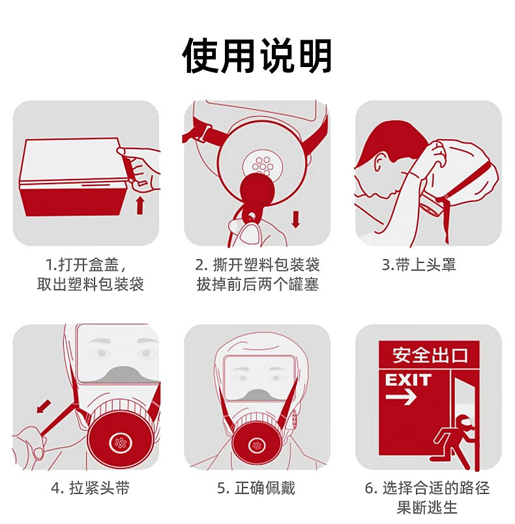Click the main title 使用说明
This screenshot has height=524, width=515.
(x=257, y=55)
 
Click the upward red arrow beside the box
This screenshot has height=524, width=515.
(x=140, y=206)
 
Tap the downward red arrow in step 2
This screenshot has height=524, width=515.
(x=295, y=219)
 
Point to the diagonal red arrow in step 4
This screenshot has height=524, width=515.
(x=44, y=406)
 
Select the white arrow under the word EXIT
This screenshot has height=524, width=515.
(x=401, y=397)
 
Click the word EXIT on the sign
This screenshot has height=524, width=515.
(x=408, y=380)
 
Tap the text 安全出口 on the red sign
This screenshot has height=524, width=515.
(x=430, y=355)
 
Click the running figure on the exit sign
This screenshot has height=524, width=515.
(x=454, y=441)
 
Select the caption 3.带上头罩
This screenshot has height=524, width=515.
(x=419, y=265)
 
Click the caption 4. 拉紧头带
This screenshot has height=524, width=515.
(x=91, y=488)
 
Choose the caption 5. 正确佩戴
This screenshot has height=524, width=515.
(x=256, y=488)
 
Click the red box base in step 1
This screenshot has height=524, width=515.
(x=74, y=200)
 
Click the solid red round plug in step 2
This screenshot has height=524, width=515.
(x=258, y=191)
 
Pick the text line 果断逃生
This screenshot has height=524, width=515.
(x=427, y=507)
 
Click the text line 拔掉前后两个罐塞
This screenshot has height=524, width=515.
(x=257, y=284)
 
